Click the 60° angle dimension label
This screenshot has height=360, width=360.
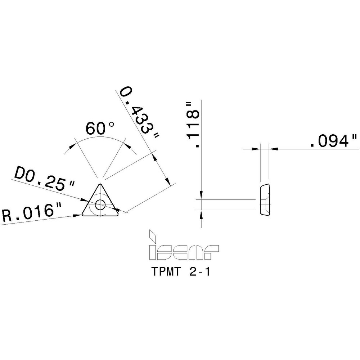click(99, 129)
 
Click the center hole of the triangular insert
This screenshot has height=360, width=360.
click(100, 204)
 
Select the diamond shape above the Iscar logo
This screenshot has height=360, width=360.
click(153, 236)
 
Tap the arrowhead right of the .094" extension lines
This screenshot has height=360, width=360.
click(273, 148)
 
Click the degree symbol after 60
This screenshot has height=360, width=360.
click(111, 124)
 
